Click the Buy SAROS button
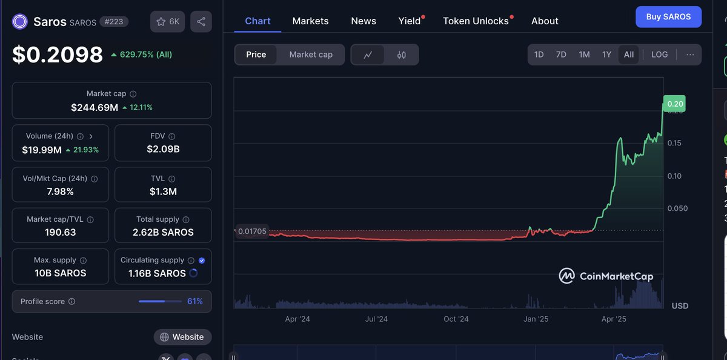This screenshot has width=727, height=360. (x=668, y=17)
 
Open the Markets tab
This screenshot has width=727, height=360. (x=310, y=21)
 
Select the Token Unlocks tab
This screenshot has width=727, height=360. (x=476, y=21)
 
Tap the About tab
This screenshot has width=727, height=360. (x=545, y=21)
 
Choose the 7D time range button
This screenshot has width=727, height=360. (x=561, y=55)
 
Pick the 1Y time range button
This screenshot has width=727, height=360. (x=606, y=55)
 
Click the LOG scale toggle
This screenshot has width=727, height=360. (x=659, y=55)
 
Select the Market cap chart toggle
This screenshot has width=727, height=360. (x=311, y=55)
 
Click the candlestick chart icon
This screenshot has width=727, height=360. (x=402, y=55)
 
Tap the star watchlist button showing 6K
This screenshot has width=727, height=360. (x=168, y=22)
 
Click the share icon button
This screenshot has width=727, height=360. (x=201, y=22)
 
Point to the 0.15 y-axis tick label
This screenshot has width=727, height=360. (x=674, y=143)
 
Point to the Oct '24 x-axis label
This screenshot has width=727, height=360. (x=456, y=319)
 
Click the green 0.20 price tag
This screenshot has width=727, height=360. (x=675, y=104)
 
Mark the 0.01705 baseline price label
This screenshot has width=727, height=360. (x=252, y=232)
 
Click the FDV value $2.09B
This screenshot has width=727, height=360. (x=163, y=149)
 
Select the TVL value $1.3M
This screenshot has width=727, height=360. (x=163, y=192)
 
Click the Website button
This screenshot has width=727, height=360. (x=183, y=337)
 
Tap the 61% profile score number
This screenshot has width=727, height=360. (x=195, y=301)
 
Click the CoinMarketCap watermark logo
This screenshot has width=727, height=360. (x=606, y=276)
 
